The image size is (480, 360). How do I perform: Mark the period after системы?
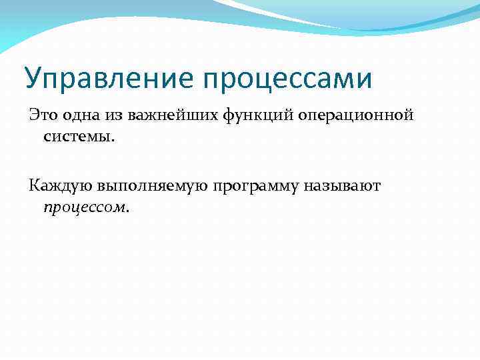[x=114, y=140]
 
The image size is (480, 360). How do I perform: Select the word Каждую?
[x=60, y=186]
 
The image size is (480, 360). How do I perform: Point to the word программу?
[x=256, y=187]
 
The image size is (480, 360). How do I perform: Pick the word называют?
[x=342, y=186]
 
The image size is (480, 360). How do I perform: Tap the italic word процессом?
[x=83, y=208]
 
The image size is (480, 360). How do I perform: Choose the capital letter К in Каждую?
[x=34, y=185]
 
